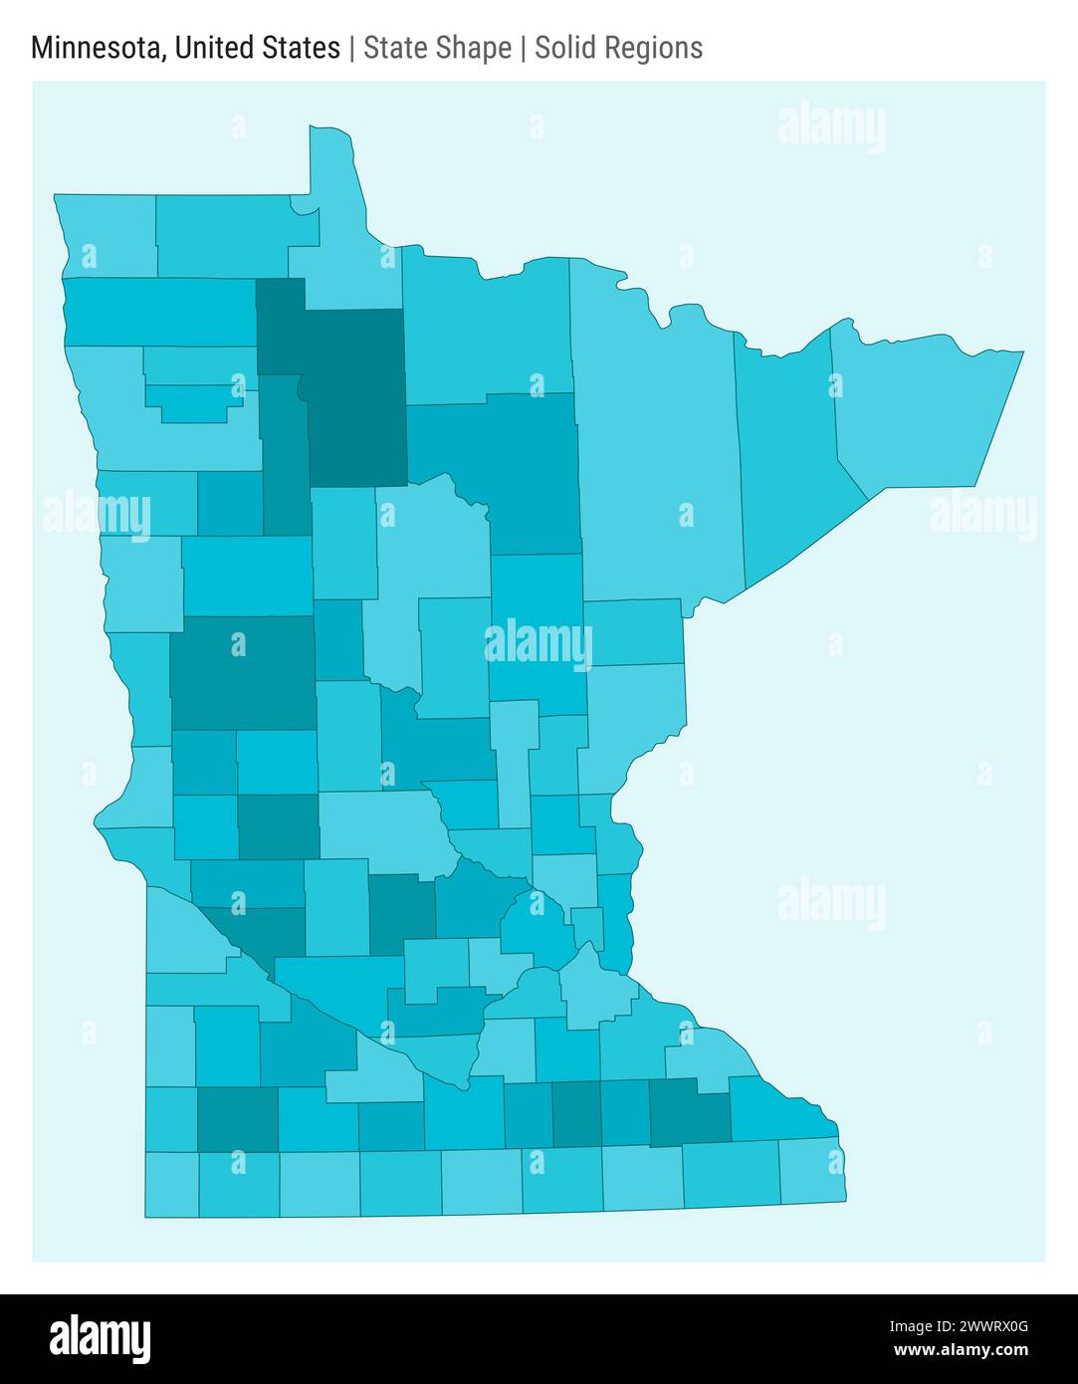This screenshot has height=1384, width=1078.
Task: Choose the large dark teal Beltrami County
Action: pyautogui.click(x=353, y=398)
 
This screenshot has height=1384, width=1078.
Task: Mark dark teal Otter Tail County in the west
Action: pyautogui.click(x=242, y=672)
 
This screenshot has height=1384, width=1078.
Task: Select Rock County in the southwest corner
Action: pyautogui.click(x=171, y=1184)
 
